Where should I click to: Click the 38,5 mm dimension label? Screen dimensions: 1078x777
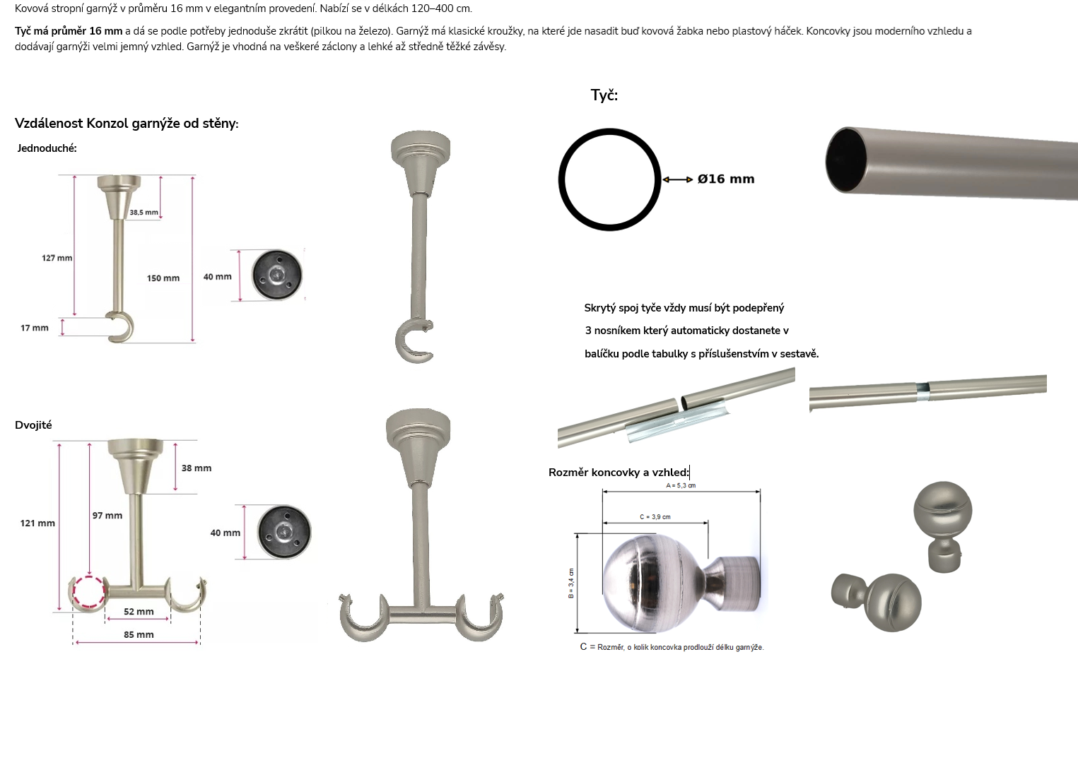(143, 212)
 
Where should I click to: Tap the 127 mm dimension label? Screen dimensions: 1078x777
(57, 258)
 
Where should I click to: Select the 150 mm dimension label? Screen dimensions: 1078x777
(163, 278)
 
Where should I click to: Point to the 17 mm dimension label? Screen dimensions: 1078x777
(35, 328)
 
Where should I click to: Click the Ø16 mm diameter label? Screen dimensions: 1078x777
(726, 179)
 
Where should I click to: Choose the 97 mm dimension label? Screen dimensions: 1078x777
(107, 516)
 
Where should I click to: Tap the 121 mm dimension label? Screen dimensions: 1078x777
(37, 523)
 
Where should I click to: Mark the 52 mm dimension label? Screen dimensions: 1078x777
(139, 612)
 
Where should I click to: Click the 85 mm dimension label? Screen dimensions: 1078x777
(139, 635)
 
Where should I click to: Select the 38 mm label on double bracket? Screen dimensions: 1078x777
(197, 468)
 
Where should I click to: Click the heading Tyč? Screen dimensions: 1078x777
(604, 95)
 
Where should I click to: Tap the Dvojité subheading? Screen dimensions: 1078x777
(33, 425)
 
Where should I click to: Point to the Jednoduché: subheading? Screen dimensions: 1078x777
(47, 148)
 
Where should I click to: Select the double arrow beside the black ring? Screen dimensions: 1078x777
(678, 179)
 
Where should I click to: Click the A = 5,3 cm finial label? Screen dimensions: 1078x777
(681, 486)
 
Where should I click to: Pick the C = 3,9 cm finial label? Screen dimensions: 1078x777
(655, 517)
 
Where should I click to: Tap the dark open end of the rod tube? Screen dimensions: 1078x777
(845, 160)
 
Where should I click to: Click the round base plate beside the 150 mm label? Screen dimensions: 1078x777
(276, 275)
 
